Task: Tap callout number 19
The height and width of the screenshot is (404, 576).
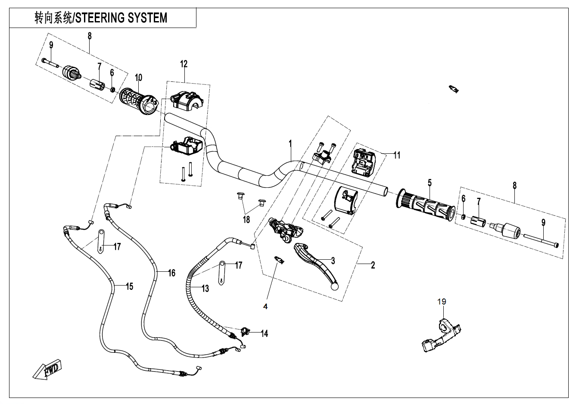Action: click(x=442, y=301)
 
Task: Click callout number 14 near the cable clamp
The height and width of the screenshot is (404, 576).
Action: click(x=264, y=333)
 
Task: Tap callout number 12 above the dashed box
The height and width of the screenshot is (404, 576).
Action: click(x=184, y=64)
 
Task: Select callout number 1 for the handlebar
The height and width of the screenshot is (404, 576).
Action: click(x=290, y=143)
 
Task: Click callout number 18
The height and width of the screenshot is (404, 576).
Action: click(x=246, y=220)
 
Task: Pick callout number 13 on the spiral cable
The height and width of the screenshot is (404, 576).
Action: click(x=205, y=288)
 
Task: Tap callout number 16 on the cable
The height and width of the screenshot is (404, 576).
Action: click(x=171, y=273)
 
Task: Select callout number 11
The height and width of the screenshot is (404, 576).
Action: click(x=397, y=155)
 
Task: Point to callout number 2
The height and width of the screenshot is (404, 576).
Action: click(x=373, y=265)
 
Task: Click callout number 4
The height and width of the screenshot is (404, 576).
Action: click(x=266, y=306)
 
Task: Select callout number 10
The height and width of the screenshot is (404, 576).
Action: click(x=138, y=78)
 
